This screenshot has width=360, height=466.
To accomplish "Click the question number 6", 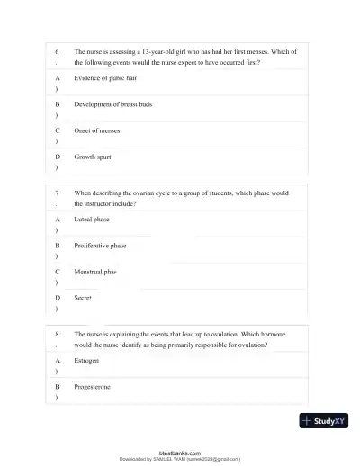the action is (x=57, y=52).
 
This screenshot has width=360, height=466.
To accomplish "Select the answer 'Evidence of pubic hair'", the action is (x=104, y=78).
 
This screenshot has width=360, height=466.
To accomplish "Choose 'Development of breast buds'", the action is (x=112, y=104).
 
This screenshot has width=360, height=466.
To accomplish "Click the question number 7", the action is (x=57, y=193).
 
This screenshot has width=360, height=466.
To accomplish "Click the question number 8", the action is (x=57, y=333).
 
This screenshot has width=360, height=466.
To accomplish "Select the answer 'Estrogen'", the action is (x=86, y=359).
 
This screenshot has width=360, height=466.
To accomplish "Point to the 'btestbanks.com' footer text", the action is (x=179, y=453).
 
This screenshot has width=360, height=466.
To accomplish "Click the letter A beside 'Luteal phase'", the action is (x=57, y=219).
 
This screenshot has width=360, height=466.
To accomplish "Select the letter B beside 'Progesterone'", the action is (x=57, y=385).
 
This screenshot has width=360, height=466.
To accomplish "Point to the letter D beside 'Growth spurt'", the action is (x=57, y=157).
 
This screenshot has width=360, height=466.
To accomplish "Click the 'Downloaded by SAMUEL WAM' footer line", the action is (x=180, y=459).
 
